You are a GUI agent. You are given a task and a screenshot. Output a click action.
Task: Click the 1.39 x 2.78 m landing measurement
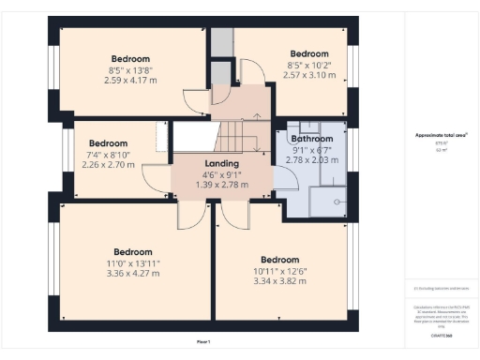222,184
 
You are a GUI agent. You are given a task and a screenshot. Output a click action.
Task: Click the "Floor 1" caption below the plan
202,340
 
